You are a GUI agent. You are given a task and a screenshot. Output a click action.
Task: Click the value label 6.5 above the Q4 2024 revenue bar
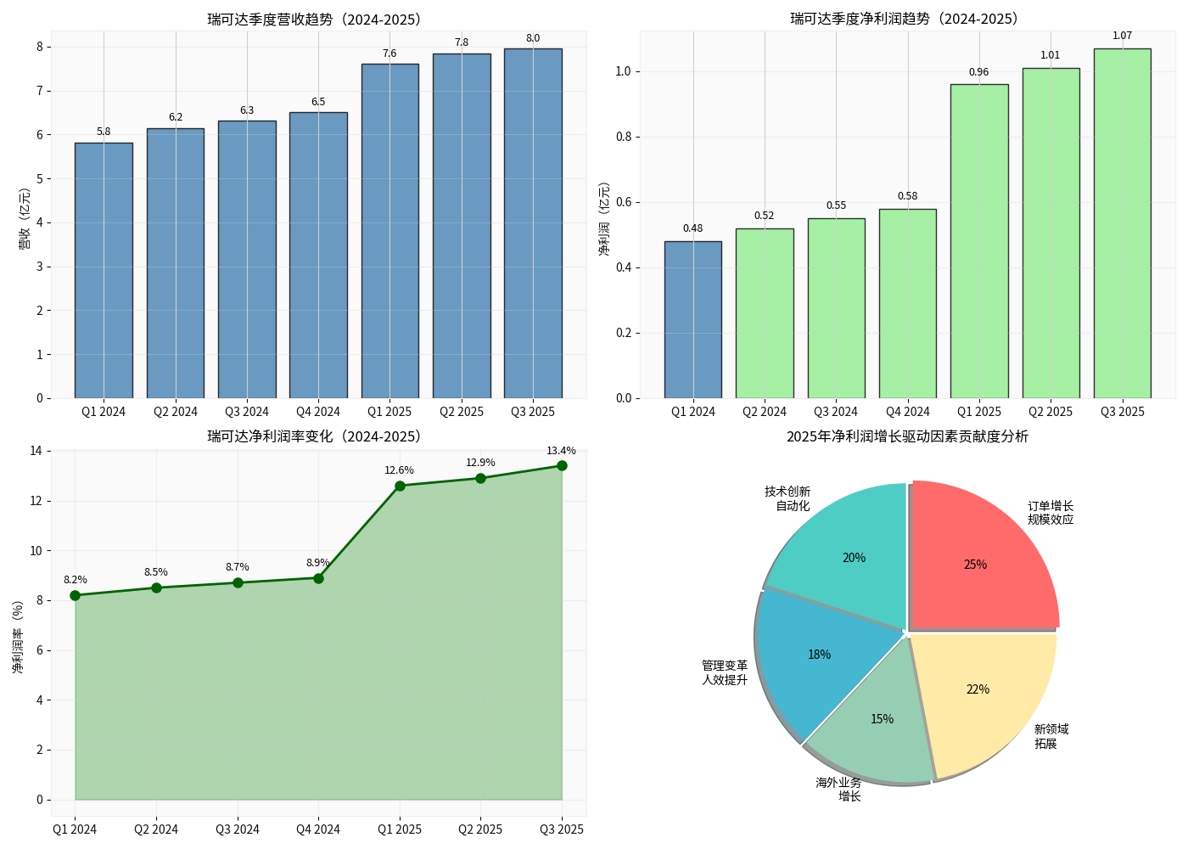[318, 102]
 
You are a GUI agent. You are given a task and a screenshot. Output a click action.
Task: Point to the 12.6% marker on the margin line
[400, 486]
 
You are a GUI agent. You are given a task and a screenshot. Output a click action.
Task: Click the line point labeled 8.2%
[75, 595]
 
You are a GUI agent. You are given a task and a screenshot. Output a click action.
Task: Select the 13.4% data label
[561, 451]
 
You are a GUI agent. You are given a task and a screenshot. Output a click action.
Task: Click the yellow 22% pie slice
[980, 692]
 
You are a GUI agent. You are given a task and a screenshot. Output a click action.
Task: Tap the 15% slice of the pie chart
[878, 722]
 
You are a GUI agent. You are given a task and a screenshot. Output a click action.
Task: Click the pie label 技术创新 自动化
[787, 498]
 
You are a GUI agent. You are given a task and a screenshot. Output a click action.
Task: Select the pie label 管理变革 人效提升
[725, 672]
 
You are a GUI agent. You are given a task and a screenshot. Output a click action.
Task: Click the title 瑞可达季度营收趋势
[314, 20]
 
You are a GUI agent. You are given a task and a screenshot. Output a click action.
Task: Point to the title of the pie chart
[906, 436]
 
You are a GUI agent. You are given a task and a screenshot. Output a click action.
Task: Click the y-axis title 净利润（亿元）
[604, 219]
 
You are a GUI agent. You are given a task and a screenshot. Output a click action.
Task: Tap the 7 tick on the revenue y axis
[39, 91]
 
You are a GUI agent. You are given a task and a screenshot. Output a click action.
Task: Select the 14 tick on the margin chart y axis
[36, 451]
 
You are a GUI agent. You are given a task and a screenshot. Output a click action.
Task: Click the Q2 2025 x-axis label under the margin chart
[480, 829]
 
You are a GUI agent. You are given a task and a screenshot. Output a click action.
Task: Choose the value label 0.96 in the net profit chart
[978, 72]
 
